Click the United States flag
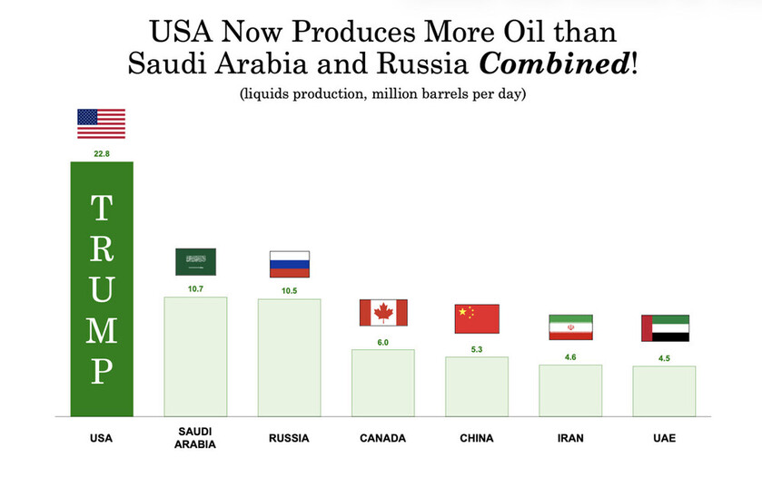(x=101, y=123)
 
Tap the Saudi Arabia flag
(x=195, y=262)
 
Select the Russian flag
(x=290, y=264)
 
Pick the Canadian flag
(x=383, y=312)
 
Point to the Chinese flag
(x=477, y=318)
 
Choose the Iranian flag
(x=570, y=327)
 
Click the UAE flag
(x=665, y=327)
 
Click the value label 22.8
(x=102, y=154)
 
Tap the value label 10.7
(x=195, y=288)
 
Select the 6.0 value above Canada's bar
(x=382, y=342)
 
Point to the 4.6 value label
(x=570, y=357)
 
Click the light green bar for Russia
(x=290, y=357)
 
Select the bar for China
(x=477, y=386)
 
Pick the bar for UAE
(x=665, y=391)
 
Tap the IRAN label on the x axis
(x=570, y=438)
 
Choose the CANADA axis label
(x=382, y=438)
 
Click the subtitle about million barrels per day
(x=381, y=94)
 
